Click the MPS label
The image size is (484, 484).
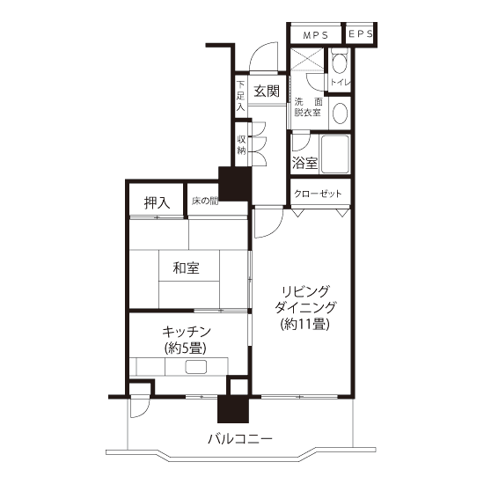point(315,35)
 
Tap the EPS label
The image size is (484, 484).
point(360,33)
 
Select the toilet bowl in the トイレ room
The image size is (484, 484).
point(339,62)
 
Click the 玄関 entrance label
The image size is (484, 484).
point(267,91)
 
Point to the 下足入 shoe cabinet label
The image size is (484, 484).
point(241,96)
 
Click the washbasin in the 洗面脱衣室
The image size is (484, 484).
point(340,113)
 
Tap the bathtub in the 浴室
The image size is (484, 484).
point(335,154)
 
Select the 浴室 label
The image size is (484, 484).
point(304,163)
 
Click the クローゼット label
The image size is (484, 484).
point(318,194)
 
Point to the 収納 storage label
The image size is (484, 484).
point(241,145)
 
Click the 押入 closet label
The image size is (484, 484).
point(158,202)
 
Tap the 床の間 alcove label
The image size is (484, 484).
point(205,202)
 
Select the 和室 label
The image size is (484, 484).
point(186,268)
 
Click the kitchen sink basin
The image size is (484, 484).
point(195,367)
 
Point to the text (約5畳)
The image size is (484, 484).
point(186,348)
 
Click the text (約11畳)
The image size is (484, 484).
point(305,324)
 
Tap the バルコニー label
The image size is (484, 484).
point(240,438)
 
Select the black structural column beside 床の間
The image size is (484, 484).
point(235,184)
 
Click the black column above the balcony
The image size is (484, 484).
point(233,409)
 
